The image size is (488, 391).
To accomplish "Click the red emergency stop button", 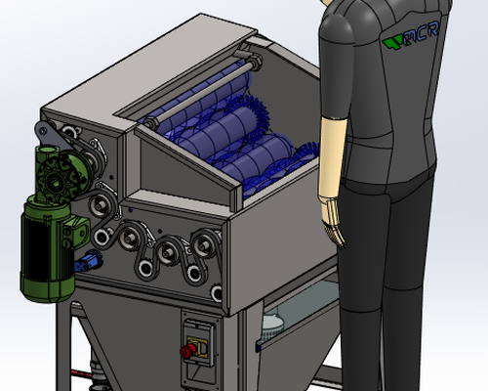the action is click(x=187, y=351).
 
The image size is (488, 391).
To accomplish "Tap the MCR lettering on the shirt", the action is click(x=422, y=33).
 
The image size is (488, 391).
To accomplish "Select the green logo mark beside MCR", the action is click(x=392, y=43).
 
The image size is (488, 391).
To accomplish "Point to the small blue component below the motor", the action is click(x=88, y=261).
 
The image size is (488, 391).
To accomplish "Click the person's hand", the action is click(x=334, y=225).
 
